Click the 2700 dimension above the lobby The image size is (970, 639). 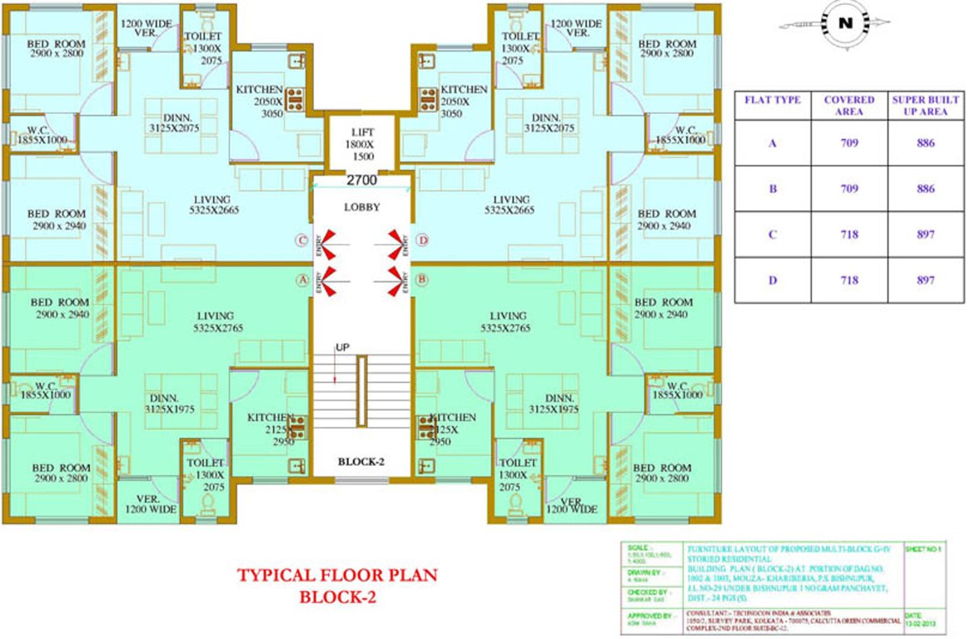coord(361,180)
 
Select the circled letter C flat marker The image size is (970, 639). coord(302,241)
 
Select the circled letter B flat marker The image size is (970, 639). coord(421,280)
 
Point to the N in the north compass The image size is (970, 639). coord(845,24)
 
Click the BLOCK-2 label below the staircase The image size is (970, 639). coord(361,462)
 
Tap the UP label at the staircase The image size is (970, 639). coord(341,347)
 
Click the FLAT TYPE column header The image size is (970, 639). coord(772,100)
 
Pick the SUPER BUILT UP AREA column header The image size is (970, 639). coord(924,105)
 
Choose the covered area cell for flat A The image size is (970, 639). coord(848,143)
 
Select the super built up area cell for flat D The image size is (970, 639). coord(924,280)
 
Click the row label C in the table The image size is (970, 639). coord(772,235)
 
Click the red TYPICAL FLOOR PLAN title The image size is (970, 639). coord(336,575)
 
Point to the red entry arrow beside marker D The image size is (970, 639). coord(395,241)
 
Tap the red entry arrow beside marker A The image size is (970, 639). coord(328,280)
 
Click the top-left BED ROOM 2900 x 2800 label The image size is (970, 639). coord(57,48)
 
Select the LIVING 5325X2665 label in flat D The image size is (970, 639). coord(510,205)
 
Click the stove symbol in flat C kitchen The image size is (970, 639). coord(296,99)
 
